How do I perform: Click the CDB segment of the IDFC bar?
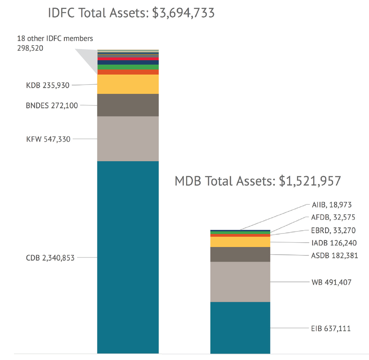click(128, 257)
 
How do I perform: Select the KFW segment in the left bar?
click(128, 138)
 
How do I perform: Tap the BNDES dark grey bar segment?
click(128, 105)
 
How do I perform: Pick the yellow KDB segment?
click(128, 84)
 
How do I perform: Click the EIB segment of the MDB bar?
click(240, 328)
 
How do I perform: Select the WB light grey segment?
click(240, 282)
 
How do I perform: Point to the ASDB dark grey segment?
click(240, 254)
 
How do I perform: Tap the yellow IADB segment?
click(240, 242)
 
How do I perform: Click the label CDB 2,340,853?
click(50, 258)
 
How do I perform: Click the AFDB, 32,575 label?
click(333, 218)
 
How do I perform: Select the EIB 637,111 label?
click(331, 328)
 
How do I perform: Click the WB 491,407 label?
click(331, 282)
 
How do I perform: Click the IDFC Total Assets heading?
click(131, 13)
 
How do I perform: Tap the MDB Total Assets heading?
click(258, 181)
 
